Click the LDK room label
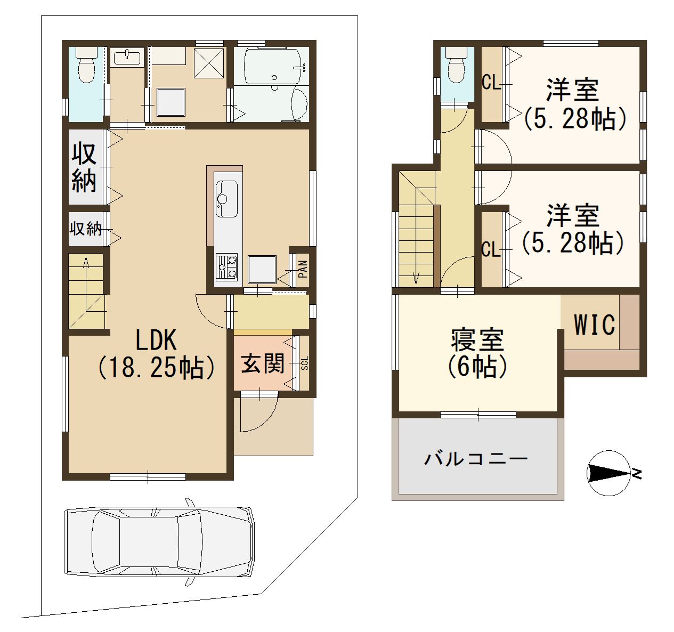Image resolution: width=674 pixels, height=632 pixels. pyautogui.click(x=156, y=340)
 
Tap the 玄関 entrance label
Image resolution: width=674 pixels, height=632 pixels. pyautogui.click(x=263, y=363)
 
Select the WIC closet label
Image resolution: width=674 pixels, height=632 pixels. pyautogui.click(x=594, y=325)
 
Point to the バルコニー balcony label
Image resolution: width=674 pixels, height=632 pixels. pyautogui.click(x=476, y=459)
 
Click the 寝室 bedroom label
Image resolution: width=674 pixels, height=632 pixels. pyautogui.click(x=477, y=340)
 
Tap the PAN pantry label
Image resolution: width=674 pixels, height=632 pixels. pyautogui.click(x=303, y=269)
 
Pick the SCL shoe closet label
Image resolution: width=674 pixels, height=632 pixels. pyautogui.click(x=304, y=363)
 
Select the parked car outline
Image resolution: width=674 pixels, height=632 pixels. pyautogui.click(x=159, y=542)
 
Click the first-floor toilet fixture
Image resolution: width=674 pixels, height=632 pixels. pyautogui.click(x=86, y=65)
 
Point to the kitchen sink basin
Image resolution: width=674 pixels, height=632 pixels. pyautogui.click(x=226, y=199)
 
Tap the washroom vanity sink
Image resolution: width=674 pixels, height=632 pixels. pyautogui.click(x=127, y=56)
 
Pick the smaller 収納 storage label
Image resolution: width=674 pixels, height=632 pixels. pyautogui.click(x=86, y=229)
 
